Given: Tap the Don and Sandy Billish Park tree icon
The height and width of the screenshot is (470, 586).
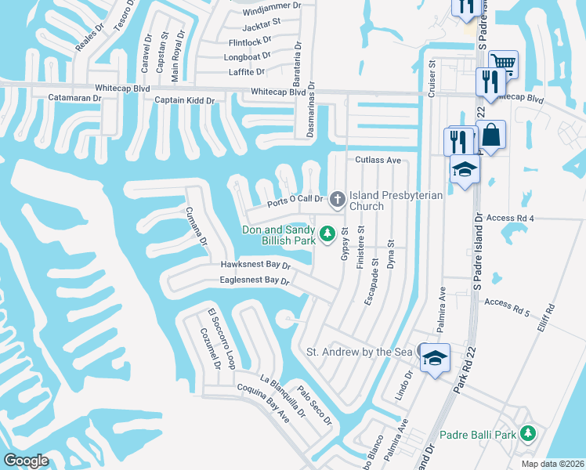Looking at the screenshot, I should point(327,233).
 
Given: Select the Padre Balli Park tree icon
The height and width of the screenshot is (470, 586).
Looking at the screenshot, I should point(528,433).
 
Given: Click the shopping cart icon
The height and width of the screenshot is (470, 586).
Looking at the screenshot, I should point(503,63).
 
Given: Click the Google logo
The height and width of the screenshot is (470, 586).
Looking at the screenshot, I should point(26,461).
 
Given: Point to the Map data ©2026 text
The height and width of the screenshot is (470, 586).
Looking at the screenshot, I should point(552,464).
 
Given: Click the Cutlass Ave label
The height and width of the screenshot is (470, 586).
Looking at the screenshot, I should point(378,160).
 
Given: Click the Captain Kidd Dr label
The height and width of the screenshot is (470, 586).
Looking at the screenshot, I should point(187,99).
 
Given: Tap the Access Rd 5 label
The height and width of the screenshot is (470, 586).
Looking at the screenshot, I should point(507,302).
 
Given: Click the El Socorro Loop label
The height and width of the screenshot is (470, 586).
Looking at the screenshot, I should point(221,338).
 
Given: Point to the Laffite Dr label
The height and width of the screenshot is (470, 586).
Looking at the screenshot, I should point(246,71).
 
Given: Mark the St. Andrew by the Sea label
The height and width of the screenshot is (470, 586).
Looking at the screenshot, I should point(359,352).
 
